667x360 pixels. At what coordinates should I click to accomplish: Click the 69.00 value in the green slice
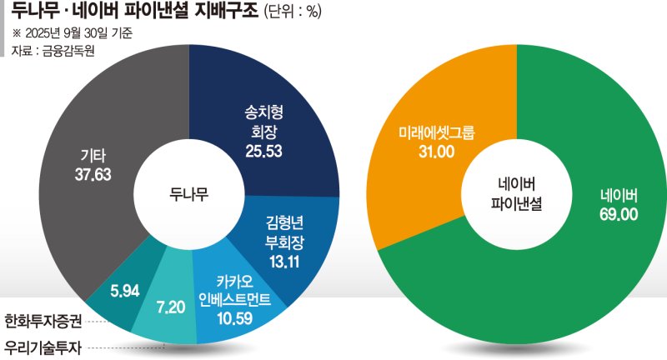pos(618,214)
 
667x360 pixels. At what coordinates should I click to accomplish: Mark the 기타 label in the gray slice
pos(92,156)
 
